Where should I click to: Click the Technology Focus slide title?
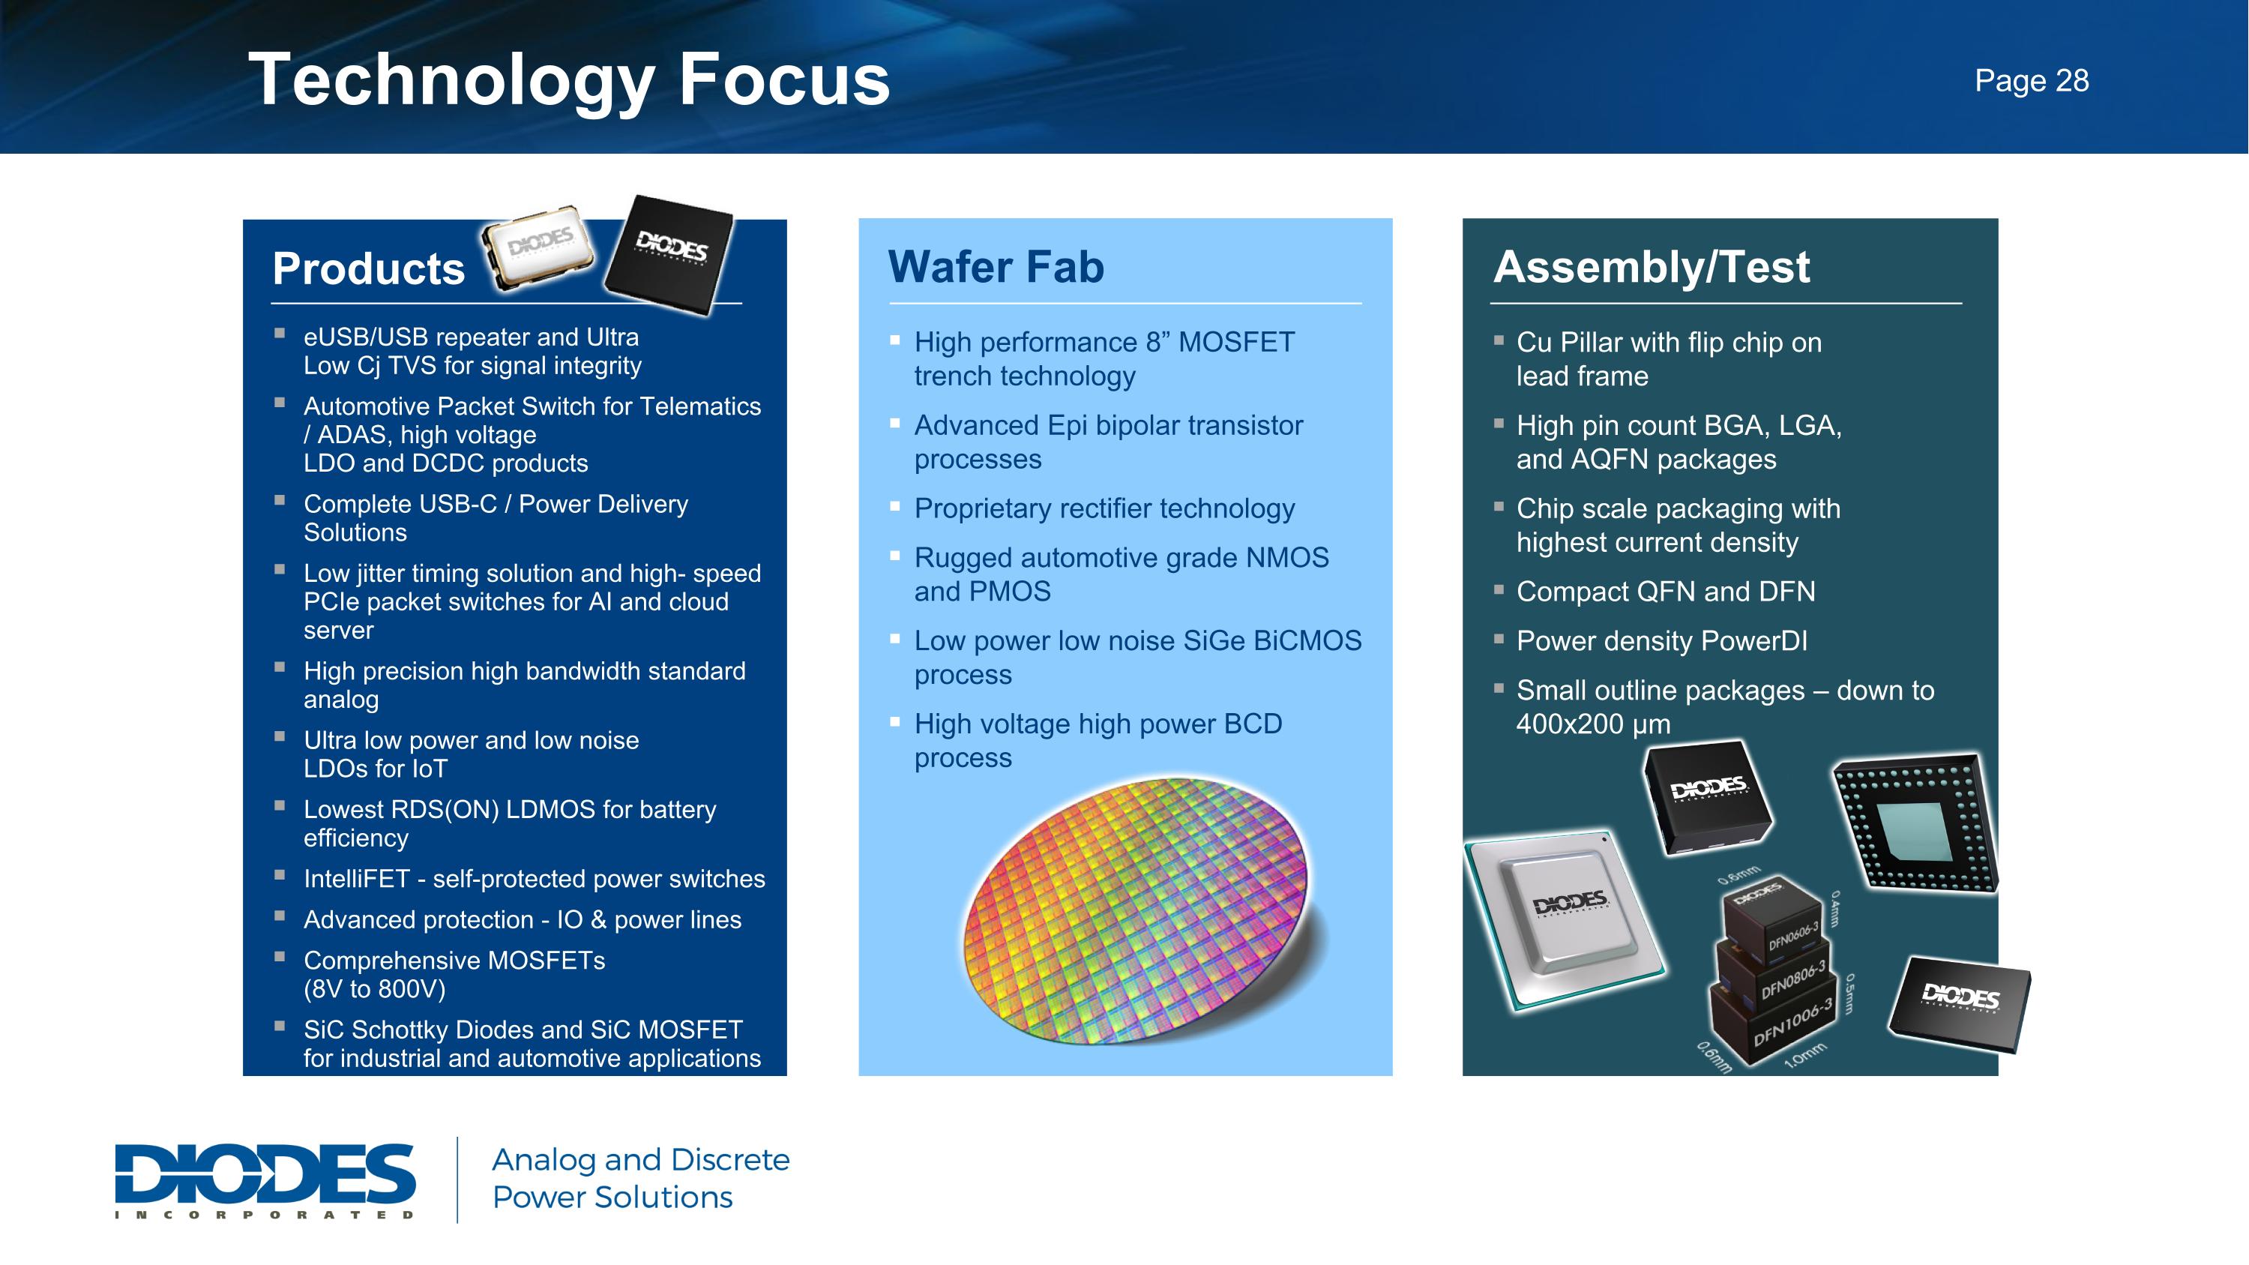pos(568,80)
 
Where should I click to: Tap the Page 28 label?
pos(2031,80)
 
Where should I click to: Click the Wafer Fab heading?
pos(996,266)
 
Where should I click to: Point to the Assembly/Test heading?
pos(1651,266)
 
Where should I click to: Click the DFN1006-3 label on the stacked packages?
pos(1792,1024)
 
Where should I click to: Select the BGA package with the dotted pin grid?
pos(1915,823)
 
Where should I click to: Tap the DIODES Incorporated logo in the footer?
pos(265,1180)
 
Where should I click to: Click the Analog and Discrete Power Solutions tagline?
pos(640,1178)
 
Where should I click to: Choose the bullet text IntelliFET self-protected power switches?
pos(534,878)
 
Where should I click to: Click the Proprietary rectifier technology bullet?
pos(1104,508)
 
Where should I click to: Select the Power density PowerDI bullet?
pos(1661,641)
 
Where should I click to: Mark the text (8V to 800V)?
pos(375,988)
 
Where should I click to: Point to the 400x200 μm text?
pos(1593,724)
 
